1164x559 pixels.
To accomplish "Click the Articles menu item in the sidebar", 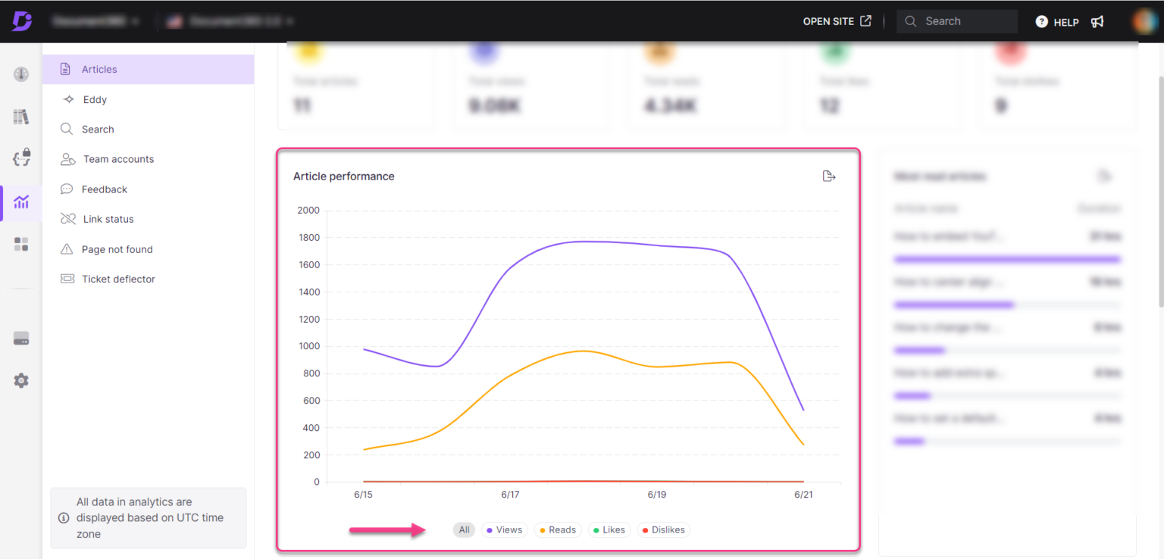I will [x=99, y=69].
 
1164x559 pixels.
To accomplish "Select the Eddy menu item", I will [x=95, y=99].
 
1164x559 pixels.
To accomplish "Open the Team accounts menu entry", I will [x=117, y=159].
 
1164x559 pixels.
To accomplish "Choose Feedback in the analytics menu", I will [x=105, y=189].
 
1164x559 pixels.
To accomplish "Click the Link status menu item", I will [x=108, y=219].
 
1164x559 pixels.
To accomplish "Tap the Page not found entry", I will [x=117, y=249].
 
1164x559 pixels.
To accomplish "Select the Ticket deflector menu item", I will [x=118, y=279].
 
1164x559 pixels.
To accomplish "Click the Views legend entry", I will [x=505, y=530].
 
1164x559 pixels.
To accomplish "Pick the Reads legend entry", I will [x=558, y=530].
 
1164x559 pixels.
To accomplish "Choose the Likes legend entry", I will [x=609, y=530].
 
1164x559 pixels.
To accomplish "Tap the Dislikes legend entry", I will [x=663, y=530].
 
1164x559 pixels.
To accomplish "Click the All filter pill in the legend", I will [x=464, y=530].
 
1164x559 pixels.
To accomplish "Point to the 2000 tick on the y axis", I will [x=308, y=211].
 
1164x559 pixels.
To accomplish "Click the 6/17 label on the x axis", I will [x=510, y=495].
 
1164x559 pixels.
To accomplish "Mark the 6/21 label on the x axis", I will [x=803, y=495].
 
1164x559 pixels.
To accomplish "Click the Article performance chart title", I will [x=344, y=176].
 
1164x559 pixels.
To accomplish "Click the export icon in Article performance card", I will [x=828, y=176].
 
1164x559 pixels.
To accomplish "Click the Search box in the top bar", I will [x=956, y=21].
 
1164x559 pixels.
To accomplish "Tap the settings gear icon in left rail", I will [x=21, y=380].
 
